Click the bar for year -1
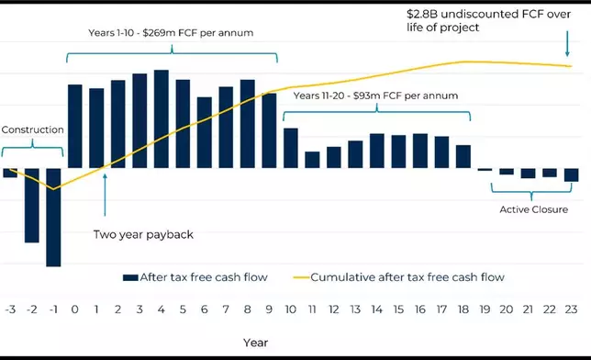(x=53, y=218)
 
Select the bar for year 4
(x=162, y=118)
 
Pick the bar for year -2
(x=32, y=206)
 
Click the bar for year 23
(x=572, y=174)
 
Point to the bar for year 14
(x=377, y=151)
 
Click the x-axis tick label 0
(x=75, y=309)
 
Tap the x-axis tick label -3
(x=10, y=309)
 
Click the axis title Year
(x=256, y=342)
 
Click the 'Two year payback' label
(x=143, y=234)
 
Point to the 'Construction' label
(x=32, y=129)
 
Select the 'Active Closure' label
(x=533, y=209)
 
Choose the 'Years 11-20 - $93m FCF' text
(x=375, y=96)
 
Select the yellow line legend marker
(x=301, y=276)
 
